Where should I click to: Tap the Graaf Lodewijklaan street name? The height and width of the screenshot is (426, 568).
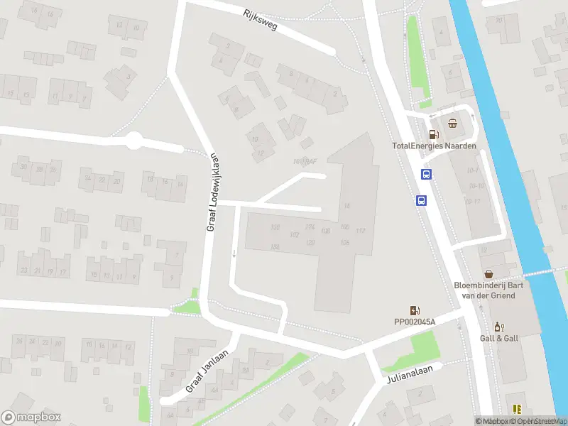[211, 192]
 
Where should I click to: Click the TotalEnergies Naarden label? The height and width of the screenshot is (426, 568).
[435, 146]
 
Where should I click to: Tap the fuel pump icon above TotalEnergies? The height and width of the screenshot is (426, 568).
[432, 133]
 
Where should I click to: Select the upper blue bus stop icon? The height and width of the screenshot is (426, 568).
[427, 175]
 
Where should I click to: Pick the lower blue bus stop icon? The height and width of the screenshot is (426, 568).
[421, 200]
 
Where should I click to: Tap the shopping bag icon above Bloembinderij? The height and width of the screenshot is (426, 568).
[488, 273]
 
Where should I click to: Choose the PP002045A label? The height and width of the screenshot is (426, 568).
[415, 322]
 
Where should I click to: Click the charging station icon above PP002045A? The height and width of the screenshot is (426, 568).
[414, 310]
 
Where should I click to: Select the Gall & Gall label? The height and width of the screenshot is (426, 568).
[498, 338]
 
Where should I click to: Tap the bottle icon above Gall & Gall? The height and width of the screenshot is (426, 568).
[498, 327]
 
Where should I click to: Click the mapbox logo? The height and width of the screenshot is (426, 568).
[31, 417]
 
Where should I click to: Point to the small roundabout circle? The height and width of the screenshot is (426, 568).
[133, 141]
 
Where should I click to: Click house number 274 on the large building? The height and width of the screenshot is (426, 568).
[310, 226]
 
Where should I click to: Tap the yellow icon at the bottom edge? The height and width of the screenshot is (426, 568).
[517, 409]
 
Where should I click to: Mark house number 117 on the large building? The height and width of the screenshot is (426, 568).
[361, 231]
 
